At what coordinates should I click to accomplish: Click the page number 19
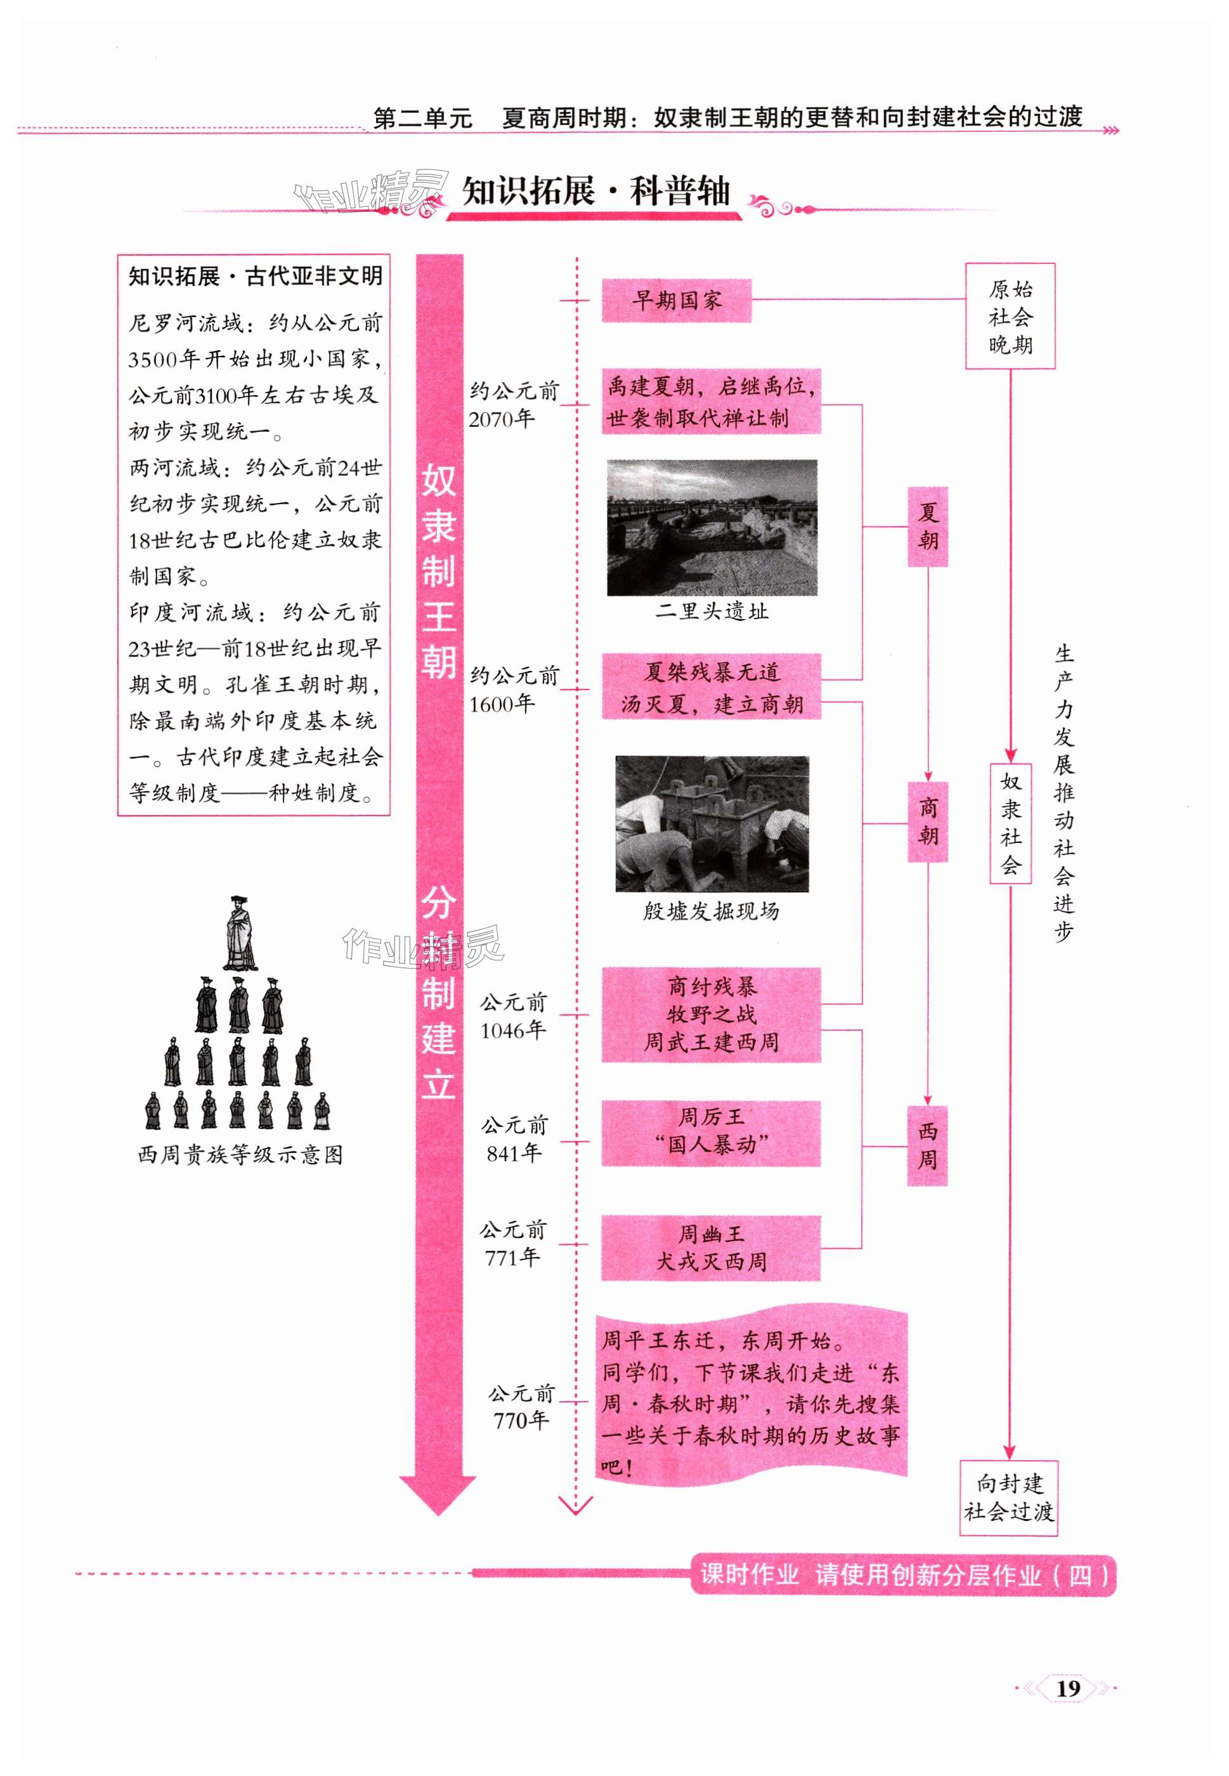pos(1067,1688)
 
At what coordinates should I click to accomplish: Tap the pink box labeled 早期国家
pos(675,301)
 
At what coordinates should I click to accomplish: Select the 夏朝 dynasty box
pos(927,527)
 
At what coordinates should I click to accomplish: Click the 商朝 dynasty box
pos(927,822)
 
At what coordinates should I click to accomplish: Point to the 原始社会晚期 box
pos(1010,317)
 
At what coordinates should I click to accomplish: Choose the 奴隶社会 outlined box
pos(1010,823)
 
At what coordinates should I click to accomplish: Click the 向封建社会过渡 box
pos(1008,1497)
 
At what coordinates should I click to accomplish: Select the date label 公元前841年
pos(514,1139)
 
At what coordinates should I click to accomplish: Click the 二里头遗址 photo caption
pos(712,611)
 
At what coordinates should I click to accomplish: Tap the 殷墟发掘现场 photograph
pos(712,823)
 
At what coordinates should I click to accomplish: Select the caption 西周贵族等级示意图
pos(240,1155)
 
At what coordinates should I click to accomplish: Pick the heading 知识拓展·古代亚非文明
pos(255,277)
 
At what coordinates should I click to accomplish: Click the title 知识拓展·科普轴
pos(595,191)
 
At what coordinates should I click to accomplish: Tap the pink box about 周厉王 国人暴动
pos(711,1132)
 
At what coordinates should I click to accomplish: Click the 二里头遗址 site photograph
pos(712,528)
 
